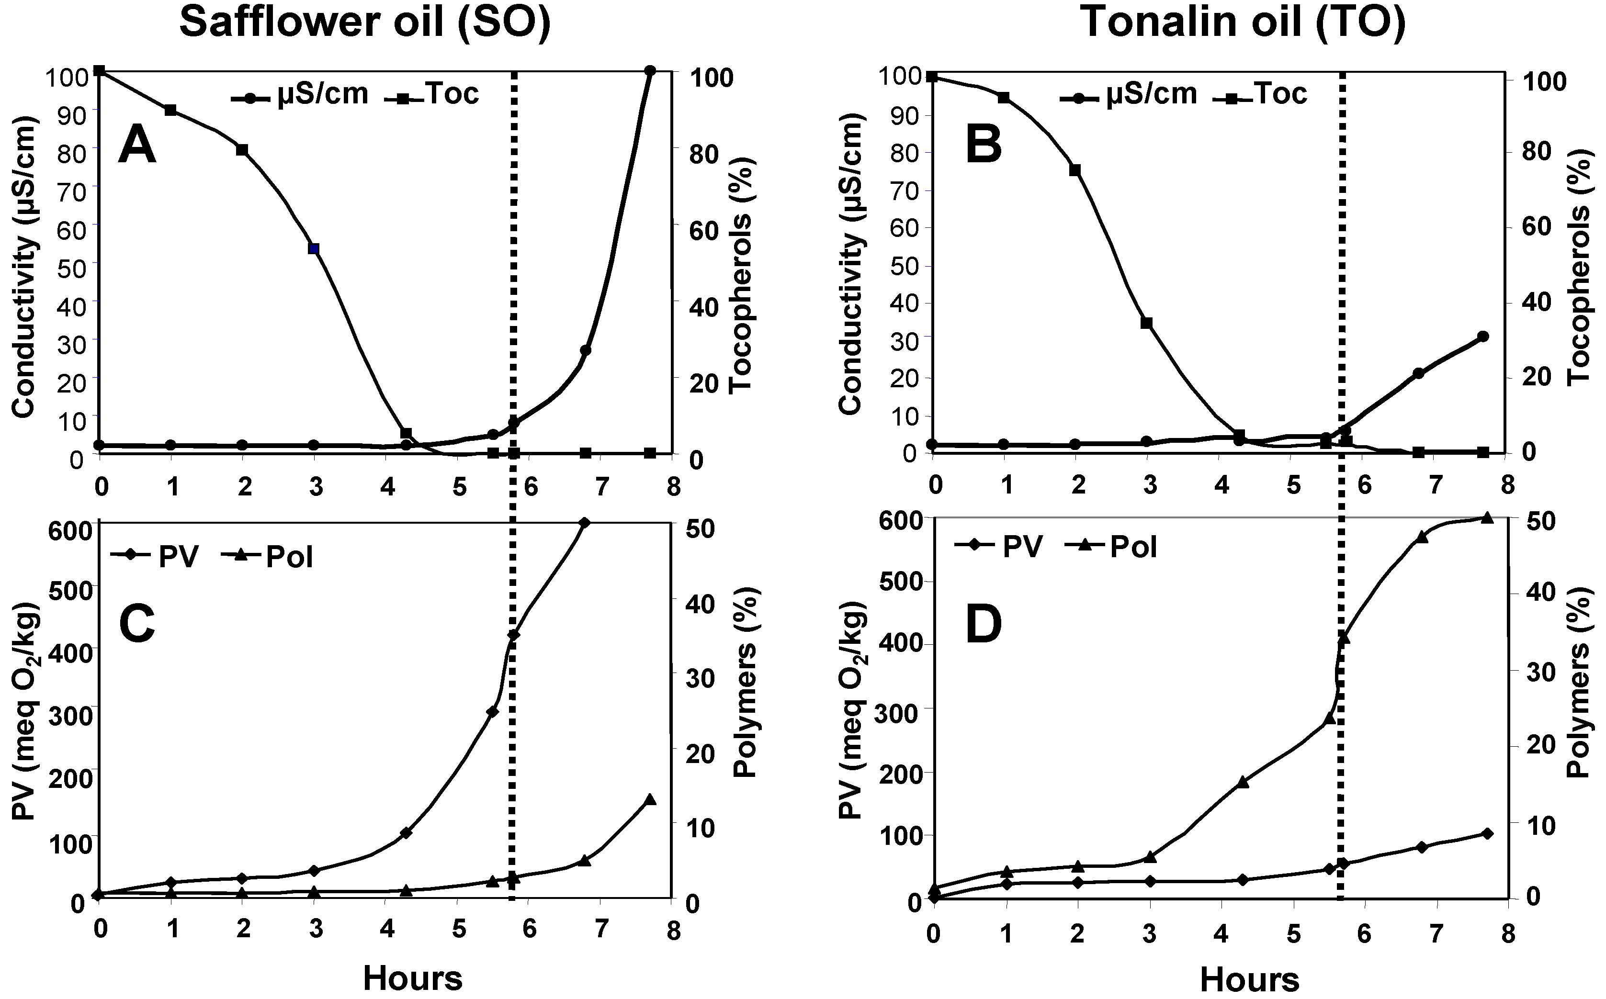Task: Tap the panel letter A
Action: (137, 146)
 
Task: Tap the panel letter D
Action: (984, 624)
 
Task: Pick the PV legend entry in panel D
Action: (998, 547)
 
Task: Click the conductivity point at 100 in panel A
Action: (650, 71)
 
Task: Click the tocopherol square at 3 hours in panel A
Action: (314, 248)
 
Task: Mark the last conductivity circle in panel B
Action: (1482, 337)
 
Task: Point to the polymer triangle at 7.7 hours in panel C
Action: (650, 799)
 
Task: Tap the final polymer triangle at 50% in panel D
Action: (1487, 518)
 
